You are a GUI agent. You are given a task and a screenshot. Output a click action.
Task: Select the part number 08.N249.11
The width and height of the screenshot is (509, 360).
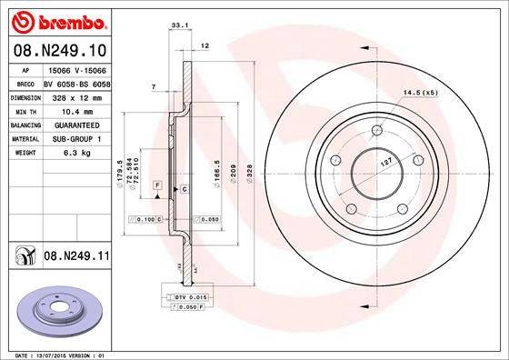pyautogui.click(x=76, y=257)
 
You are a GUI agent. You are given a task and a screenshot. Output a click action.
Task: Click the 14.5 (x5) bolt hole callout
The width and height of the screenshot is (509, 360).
pyautogui.click(x=418, y=93)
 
